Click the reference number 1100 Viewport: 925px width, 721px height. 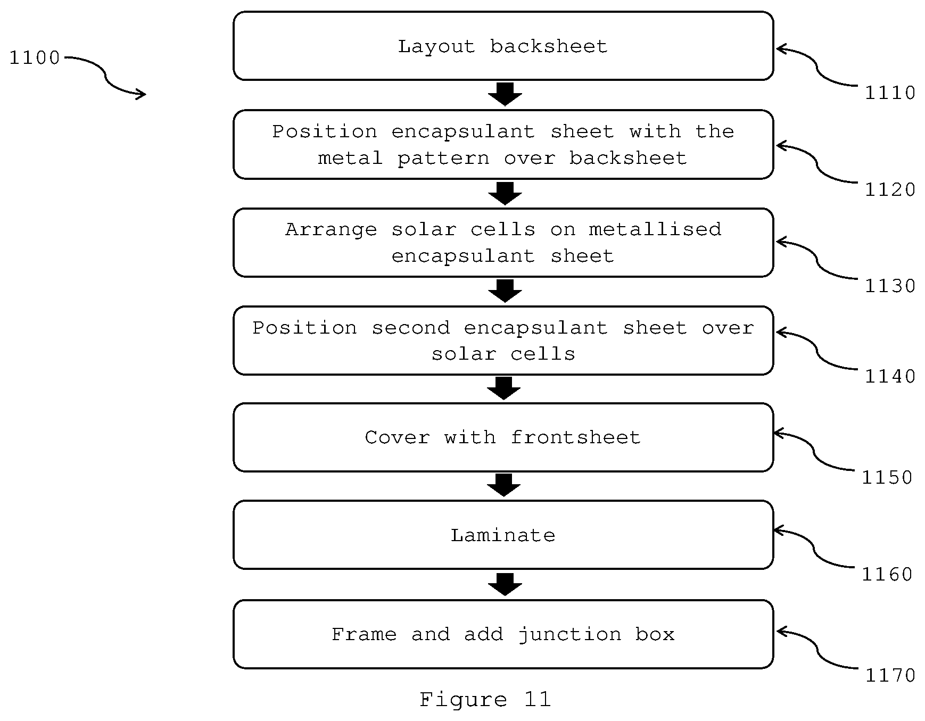[35, 57]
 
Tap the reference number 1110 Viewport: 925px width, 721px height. [890, 93]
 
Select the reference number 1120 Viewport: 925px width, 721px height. [890, 189]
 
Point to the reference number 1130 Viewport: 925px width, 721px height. [890, 286]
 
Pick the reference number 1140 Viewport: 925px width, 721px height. [890, 377]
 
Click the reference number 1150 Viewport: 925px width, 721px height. [887, 478]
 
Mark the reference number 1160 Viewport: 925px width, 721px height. [887, 575]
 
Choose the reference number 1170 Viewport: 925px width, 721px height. [890, 676]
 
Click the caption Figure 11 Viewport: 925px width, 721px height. [485, 699]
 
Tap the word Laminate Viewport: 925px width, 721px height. [503, 535]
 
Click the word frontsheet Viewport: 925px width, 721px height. [575, 437]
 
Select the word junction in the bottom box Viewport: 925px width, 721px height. [569, 635]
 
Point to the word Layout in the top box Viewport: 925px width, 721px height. [436, 47]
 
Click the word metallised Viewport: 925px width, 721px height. [655, 229]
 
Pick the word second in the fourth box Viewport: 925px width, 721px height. [411, 328]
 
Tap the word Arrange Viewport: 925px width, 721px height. [331, 230]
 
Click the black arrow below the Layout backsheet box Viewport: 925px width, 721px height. [505, 94]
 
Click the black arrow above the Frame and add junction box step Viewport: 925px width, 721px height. [505, 584]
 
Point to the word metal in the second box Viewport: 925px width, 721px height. [350, 158]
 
